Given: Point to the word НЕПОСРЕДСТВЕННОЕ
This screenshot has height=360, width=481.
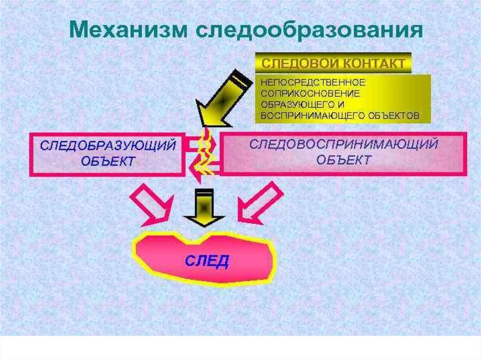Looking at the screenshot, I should point(313,82).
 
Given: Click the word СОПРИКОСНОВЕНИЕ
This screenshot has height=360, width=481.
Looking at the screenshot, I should point(310,93).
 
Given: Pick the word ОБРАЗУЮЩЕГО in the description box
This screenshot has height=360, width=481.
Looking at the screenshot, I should point(297,104).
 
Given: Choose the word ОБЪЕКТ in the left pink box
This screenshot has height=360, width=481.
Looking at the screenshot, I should point(108,161).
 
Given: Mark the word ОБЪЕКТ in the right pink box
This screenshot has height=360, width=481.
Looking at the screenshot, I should point(343,160).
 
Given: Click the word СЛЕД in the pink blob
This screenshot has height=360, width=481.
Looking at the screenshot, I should point(206,260).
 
